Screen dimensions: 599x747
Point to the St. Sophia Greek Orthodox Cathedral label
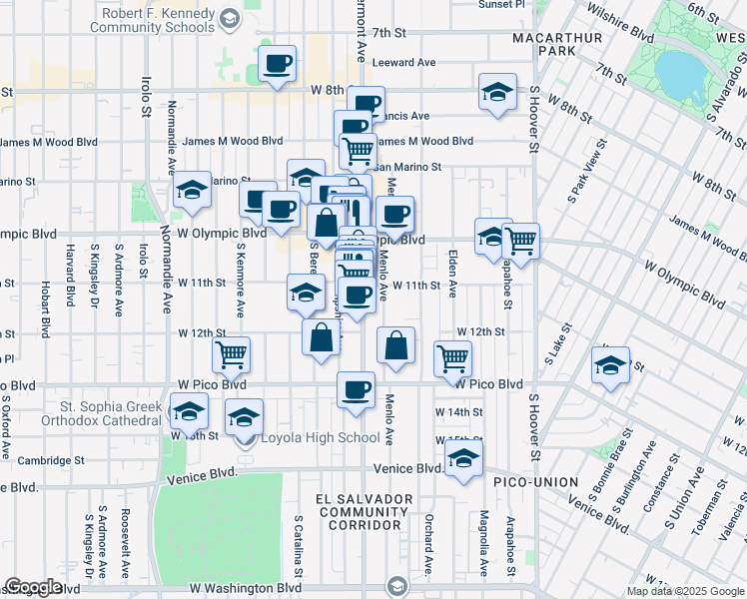pos(111,413)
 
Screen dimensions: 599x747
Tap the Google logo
pos(34,587)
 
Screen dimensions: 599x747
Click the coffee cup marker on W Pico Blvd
pos(355,388)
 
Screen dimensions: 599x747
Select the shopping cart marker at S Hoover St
pos(520,240)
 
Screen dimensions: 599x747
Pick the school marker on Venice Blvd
pos(462,459)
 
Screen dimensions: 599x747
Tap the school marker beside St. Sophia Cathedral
pos(187,411)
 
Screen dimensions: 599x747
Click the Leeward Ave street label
pos(403,63)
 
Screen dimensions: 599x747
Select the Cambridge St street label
pos(50,461)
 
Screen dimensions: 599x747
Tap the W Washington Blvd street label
pos(246,588)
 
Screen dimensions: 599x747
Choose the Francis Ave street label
pos(405,116)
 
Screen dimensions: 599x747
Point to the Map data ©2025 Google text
pos(685,591)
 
